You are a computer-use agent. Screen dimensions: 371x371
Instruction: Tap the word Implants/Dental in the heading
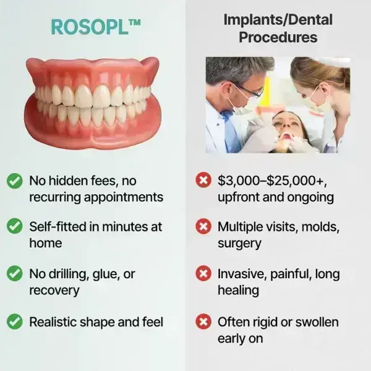coord(278,20)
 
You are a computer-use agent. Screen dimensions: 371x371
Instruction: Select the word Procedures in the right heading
coord(278,38)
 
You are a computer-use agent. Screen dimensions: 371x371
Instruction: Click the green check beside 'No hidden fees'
coord(14,181)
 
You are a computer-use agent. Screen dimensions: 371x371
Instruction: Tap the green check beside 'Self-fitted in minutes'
coord(14,227)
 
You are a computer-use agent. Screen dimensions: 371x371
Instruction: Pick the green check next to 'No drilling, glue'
coord(14,274)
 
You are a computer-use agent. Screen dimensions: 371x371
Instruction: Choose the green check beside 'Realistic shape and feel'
coord(14,322)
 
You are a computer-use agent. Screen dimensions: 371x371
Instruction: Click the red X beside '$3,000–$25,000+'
coord(202,181)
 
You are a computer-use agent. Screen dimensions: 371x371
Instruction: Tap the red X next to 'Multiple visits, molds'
coord(202,227)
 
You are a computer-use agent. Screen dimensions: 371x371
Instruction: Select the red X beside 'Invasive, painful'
coord(202,274)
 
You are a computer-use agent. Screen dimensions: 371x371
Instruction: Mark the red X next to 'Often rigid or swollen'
coord(202,322)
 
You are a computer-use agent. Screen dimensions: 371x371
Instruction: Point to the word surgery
coord(239,243)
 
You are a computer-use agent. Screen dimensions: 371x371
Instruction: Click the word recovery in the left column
coord(54,290)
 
